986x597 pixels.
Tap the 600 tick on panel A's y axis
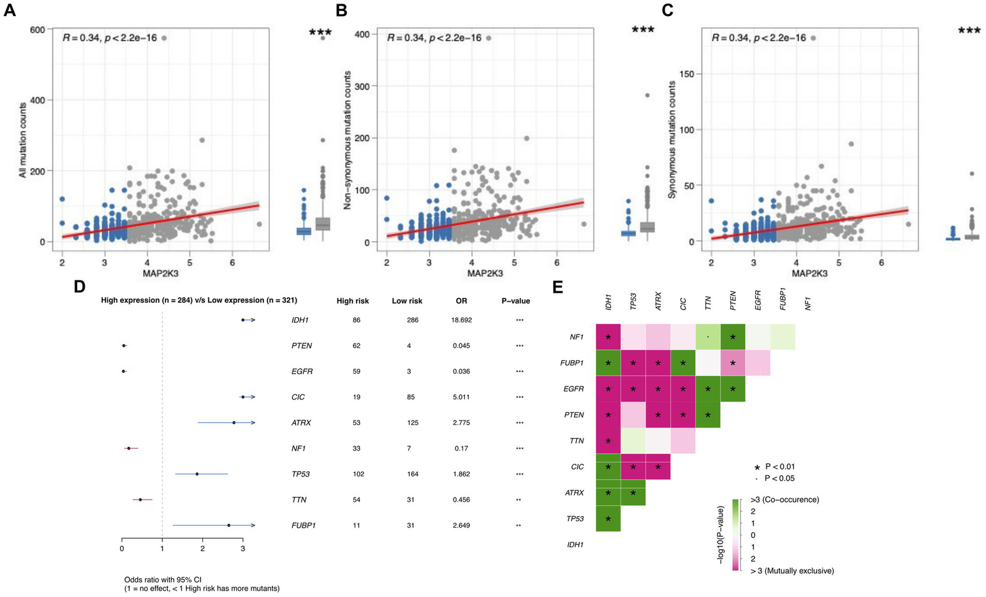tap(38, 30)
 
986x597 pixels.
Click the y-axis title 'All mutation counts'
tap(23, 139)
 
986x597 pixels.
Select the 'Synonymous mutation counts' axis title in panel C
tap(673, 139)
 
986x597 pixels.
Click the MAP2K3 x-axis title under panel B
tap(485, 273)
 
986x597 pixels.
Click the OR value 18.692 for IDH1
tap(461, 320)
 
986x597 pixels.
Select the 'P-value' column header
tap(516, 300)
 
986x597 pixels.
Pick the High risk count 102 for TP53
tap(358, 474)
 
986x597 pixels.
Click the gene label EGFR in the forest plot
tap(302, 371)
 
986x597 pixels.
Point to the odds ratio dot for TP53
tap(197, 474)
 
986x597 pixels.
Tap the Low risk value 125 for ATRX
tap(412, 422)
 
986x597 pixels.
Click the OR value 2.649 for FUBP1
tap(461, 525)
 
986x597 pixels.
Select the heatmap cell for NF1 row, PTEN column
tap(733, 337)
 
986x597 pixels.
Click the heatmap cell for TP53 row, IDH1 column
tap(608, 519)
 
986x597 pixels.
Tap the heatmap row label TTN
tap(576, 441)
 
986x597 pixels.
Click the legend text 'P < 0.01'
tap(780, 467)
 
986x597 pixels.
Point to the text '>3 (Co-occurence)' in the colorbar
tap(784, 499)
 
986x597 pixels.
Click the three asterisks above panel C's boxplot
tap(969, 30)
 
